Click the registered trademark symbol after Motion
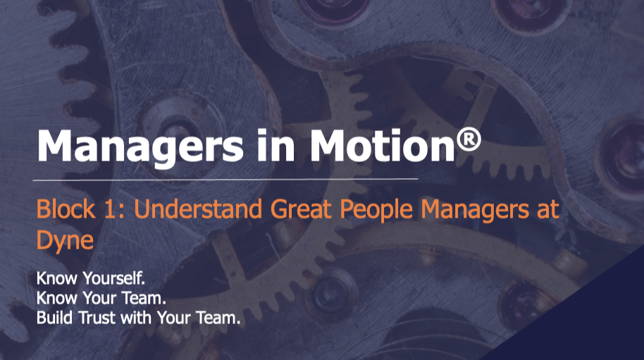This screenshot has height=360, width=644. tap(469, 139)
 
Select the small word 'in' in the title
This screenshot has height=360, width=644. tap(276, 145)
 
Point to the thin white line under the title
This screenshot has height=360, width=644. tap(225, 180)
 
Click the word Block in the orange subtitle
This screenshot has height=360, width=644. tap(66, 209)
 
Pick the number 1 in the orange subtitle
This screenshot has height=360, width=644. tap(113, 209)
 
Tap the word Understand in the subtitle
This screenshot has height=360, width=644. tap(198, 209)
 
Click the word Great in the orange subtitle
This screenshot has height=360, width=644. tap(301, 209)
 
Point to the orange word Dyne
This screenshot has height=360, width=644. tap(65, 240)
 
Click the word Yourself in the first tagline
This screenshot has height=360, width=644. tap(113, 278)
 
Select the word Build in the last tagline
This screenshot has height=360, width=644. tap(54, 318)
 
